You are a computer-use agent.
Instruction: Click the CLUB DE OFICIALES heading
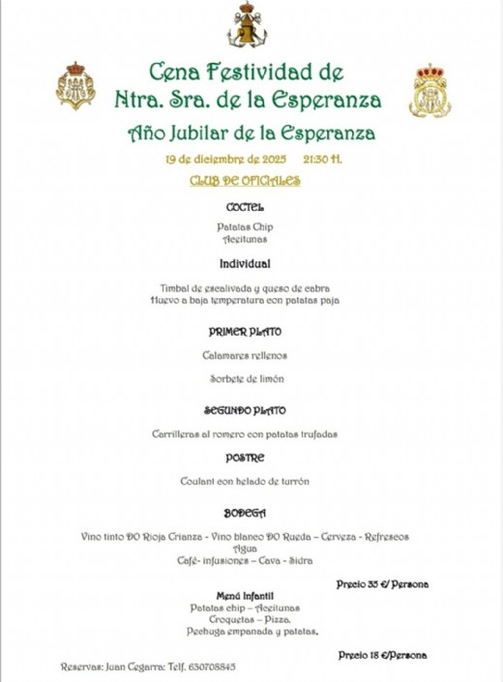point(245,181)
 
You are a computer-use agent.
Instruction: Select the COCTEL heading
point(245,207)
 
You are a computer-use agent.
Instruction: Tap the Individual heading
point(245,263)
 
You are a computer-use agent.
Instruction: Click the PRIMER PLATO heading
point(245,332)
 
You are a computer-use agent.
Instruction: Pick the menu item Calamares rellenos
point(245,355)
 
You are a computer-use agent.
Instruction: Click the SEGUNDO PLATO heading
point(245,410)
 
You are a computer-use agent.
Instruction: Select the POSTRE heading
point(245,458)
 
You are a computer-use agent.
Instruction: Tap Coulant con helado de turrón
point(245,481)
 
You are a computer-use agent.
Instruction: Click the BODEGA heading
point(245,513)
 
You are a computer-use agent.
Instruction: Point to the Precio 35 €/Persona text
point(382,584)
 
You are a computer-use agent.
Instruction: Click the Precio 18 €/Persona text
point(383,655)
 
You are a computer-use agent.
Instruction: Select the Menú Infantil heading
point(245,596)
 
